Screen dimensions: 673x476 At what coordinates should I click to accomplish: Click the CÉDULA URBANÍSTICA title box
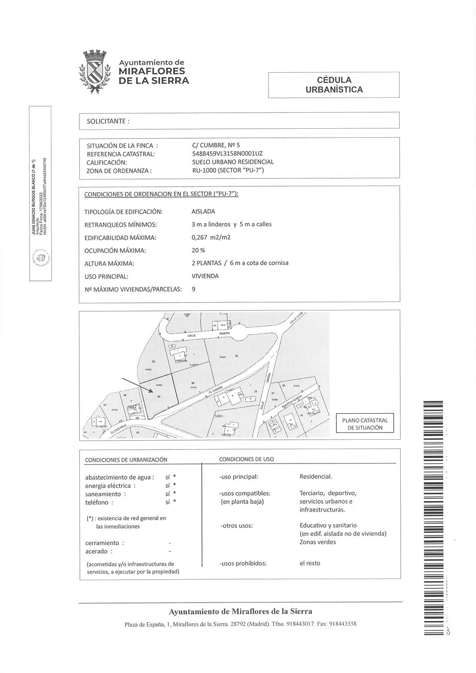click(334, 85)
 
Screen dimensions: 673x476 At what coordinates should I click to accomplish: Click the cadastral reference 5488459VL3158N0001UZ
click(227, 153)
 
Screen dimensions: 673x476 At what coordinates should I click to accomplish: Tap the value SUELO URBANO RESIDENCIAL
click(232, 162)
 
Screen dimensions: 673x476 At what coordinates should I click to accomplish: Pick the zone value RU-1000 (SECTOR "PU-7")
click(227, 170)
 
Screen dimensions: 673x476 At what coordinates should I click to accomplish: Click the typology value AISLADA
click(203, 211)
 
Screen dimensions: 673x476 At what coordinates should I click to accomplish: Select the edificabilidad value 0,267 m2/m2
click(211, 237)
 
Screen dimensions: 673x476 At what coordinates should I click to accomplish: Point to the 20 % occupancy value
click(198, 250)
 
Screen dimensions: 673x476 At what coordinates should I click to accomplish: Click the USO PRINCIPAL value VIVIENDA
click(205, 276)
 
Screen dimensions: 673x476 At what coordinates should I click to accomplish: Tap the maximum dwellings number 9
click(193, 289)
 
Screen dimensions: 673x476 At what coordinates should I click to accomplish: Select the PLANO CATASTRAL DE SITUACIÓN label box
click(365, 424)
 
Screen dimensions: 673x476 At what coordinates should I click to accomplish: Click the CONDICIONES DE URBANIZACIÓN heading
click(126, 459)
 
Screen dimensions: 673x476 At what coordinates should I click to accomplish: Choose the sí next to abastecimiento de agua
click(167, 477)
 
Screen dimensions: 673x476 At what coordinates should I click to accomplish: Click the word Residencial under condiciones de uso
click(315, 476)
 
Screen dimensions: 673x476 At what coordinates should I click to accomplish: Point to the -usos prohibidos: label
click(243, 563)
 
